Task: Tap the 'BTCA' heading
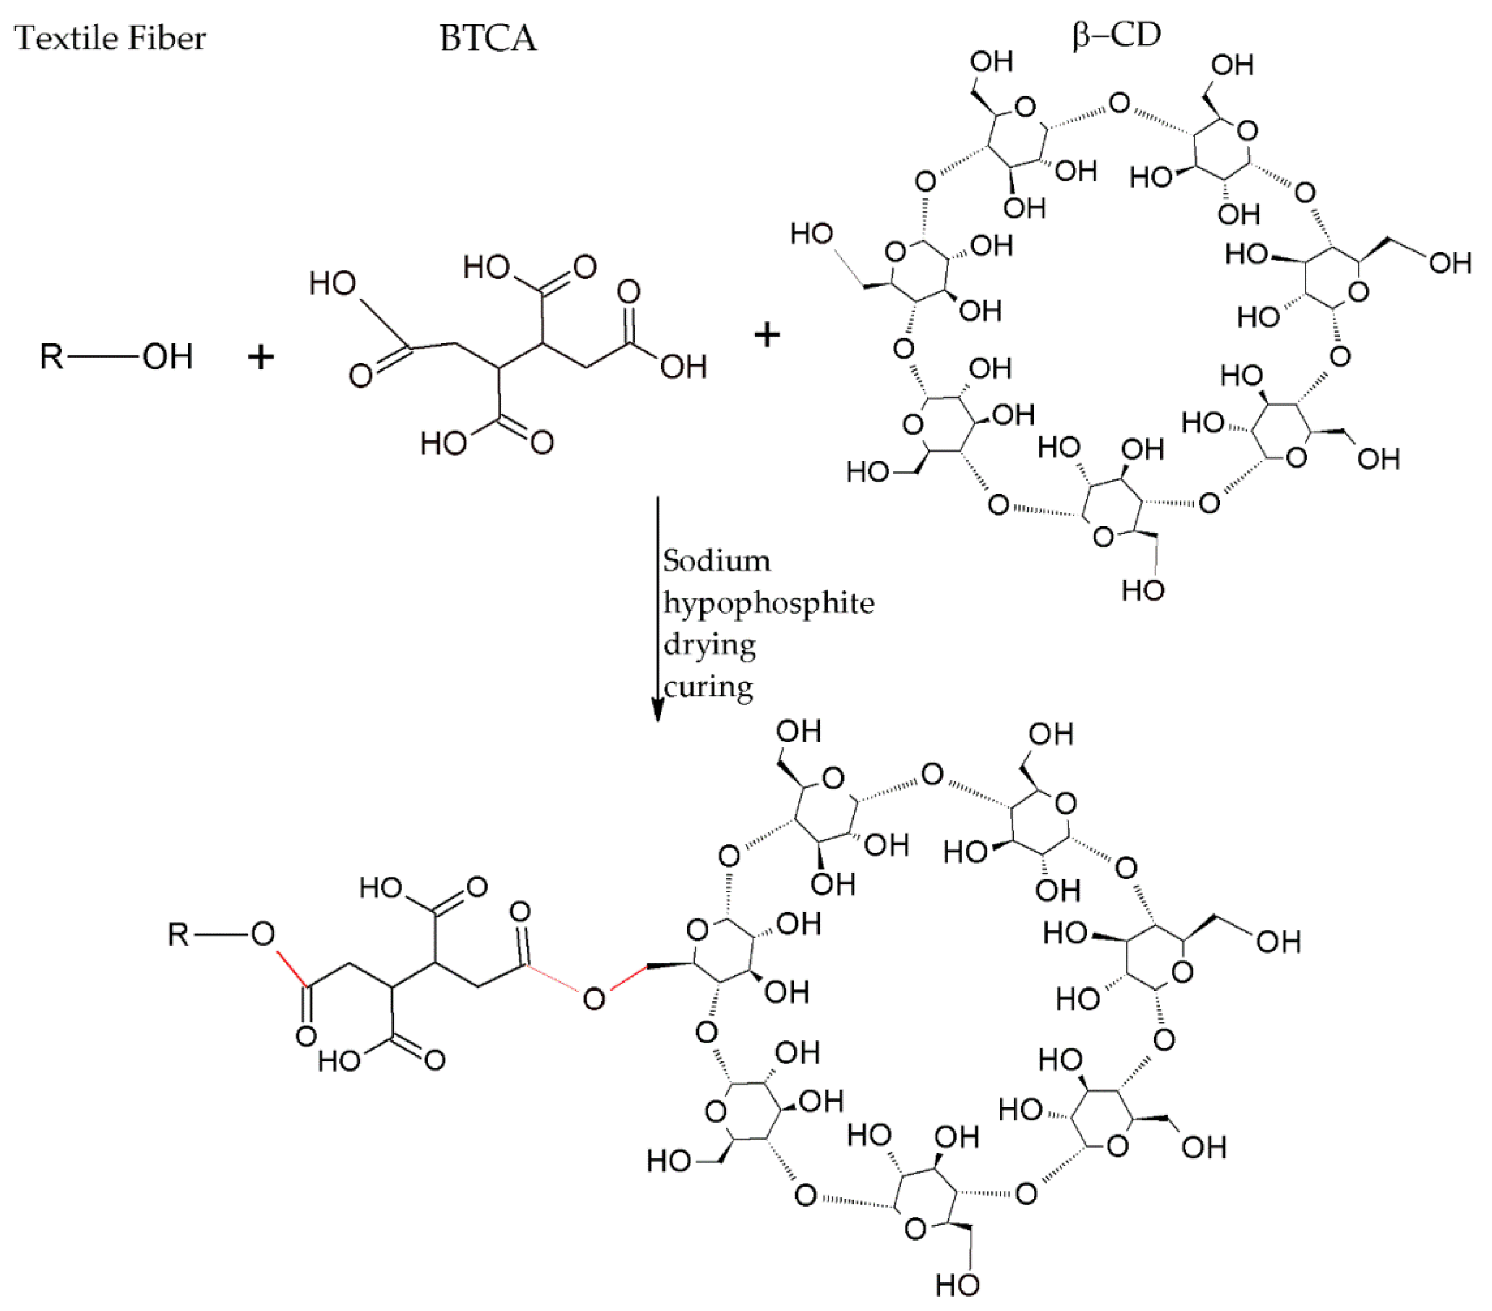pos(487,38)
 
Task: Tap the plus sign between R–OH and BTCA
pos(260,358)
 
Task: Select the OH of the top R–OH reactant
pos(167,357)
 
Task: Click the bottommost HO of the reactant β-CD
pos(1142,590)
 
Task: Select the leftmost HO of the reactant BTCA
pos(332,283)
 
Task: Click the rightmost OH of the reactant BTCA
pos(683,367)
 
